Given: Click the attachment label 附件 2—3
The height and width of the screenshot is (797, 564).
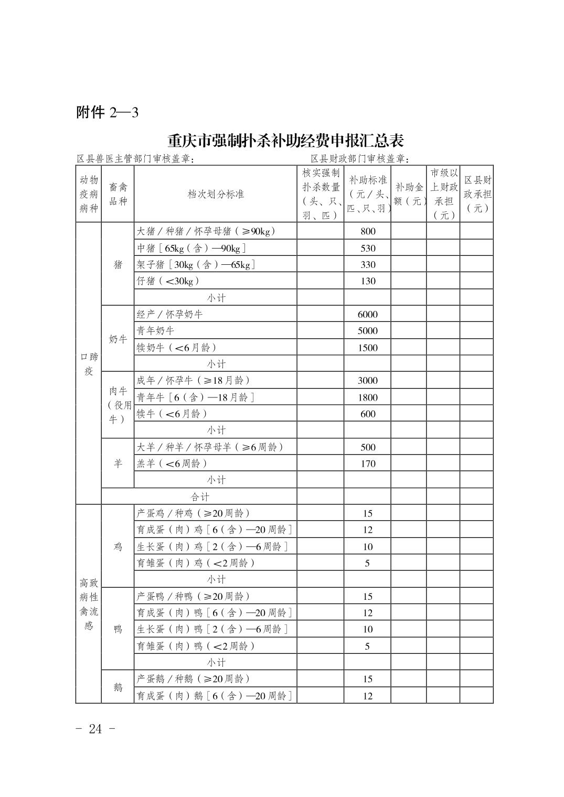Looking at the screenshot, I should coord(107,112).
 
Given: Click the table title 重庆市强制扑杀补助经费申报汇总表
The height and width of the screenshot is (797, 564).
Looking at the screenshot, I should coord(285,141).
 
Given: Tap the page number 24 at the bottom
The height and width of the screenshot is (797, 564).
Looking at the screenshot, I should coord(95,729).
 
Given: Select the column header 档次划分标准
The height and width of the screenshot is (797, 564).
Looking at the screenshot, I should coord(216,194).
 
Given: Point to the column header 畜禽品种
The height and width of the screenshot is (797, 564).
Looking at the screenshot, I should coord(118,194).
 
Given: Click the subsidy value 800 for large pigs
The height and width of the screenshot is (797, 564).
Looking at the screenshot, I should coord(368,231).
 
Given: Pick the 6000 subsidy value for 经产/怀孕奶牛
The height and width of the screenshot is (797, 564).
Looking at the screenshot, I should coord(367,315).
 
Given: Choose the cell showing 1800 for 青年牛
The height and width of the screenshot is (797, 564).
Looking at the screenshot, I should coord(368,397).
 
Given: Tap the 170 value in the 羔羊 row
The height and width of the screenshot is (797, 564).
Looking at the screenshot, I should coord(368,464).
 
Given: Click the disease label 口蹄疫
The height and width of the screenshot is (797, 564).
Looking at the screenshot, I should coord(89,363).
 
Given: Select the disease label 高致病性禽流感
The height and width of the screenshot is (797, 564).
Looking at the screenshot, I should coord(89,604).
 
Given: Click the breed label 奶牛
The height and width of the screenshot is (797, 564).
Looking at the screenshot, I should coord(118,339).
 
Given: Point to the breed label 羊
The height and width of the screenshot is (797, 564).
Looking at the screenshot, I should coord(118,464).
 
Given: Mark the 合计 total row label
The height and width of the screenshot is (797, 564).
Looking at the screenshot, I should coord(199,497).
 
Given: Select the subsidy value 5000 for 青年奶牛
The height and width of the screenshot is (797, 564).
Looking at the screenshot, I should coord(367,331).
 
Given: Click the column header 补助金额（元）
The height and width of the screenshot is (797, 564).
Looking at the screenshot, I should coord(409,194).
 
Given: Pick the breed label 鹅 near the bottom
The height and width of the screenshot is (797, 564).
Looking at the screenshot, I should coord(118,687).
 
